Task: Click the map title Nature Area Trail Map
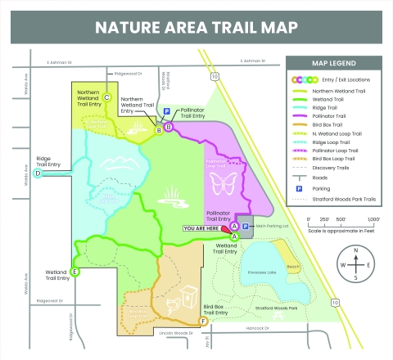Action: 196,26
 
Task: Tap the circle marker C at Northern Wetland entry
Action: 106,97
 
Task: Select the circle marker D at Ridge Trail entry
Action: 38,173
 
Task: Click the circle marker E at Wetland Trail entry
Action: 75,272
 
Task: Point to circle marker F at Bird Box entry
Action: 203,321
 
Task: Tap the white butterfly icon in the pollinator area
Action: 223,183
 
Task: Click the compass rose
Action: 354,264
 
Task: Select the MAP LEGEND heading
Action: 333,63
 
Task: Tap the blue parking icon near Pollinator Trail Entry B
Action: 166,110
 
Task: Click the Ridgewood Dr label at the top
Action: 129,74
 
